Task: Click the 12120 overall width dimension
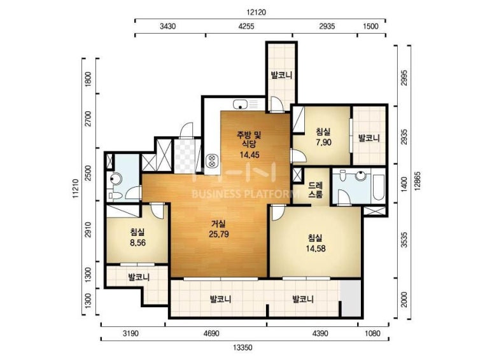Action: click(x=256, y=12)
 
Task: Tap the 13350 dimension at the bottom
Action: click(x=242, y=347)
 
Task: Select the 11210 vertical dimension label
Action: click(x=75, y=188)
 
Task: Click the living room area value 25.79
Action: click(x=219, y=234)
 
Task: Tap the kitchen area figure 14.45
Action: click(x=250, y=155)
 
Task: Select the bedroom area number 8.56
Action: click(x=137, y=242)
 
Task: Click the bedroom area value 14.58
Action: click(x=316, y=249)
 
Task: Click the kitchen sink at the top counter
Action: click(x=241, y=104)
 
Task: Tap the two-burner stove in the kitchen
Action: click(x=211, y=160)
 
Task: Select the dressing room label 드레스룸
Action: click(x=315, y=190)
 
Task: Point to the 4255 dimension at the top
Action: click(x=246, y=26)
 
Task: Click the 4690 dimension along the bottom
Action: click(x=211, y=333)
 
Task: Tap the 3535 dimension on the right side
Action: click(x=404, y=240)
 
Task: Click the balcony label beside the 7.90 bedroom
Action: click(x=369, y=137)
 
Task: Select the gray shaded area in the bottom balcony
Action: click(x=351, y=298)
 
